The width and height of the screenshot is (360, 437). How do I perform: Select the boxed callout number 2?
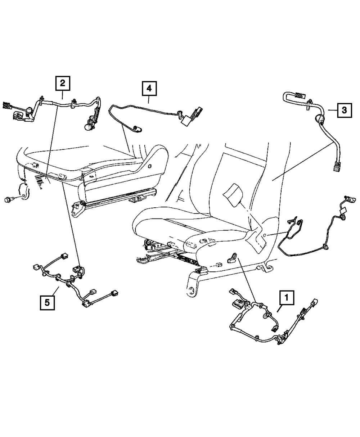63,84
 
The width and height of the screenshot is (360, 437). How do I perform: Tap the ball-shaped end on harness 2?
88,127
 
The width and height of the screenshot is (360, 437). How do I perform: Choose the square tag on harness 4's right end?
186,122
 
